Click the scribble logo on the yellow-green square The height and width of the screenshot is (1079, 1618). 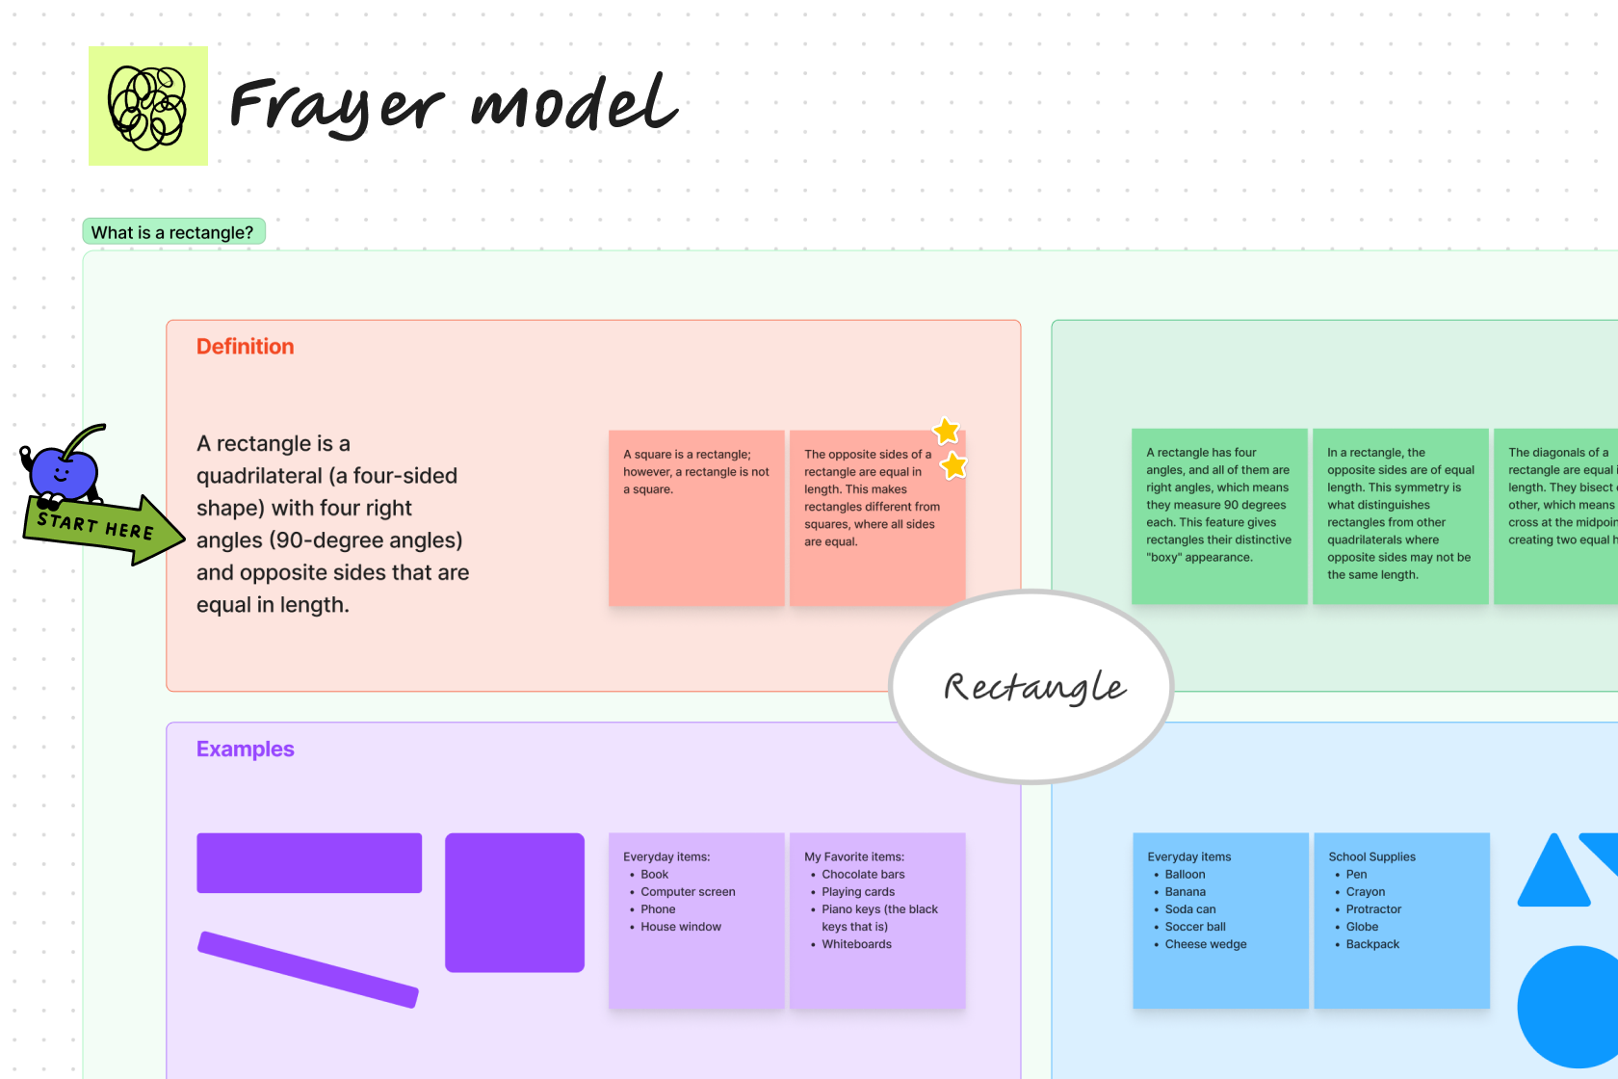point(147,107)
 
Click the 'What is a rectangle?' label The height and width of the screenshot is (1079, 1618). point(173,232)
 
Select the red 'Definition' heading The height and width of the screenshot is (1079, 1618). point(245,347)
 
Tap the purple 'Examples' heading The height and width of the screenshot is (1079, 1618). point(245,750)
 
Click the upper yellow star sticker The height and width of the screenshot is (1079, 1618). point(947,431)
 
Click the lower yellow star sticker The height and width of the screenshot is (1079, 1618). point(953,466)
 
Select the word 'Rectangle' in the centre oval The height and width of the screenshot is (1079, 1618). point(1033,687)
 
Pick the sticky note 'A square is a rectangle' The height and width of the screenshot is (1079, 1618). point(696,517)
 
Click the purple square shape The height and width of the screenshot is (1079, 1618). point(514,903)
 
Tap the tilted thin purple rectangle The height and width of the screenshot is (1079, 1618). point(308,969)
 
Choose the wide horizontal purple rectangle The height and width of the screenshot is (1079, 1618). point(309,863)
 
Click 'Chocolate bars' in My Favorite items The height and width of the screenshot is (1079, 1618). point(863,875)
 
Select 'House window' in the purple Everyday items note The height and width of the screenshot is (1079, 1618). point(681,927)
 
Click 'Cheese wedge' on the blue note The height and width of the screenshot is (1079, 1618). point(1205,944)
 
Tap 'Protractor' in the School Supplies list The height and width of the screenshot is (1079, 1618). point(1373,909)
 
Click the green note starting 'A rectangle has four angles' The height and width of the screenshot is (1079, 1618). point(1218,516)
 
